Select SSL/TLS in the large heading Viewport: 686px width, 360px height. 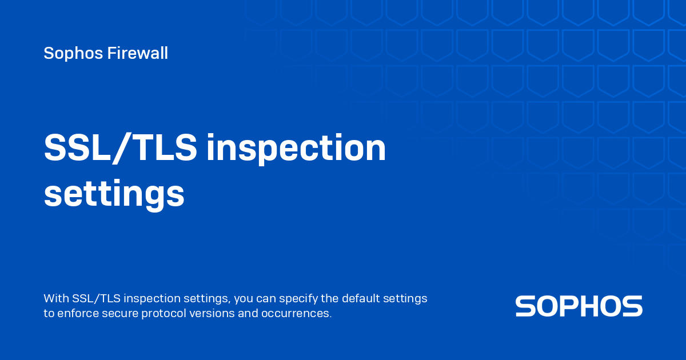click(121, 149)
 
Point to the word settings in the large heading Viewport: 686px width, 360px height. click(114, 195)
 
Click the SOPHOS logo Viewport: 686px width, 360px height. click(579, 306)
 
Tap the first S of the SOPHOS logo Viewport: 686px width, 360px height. click(525, 306)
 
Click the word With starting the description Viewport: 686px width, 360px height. click(57, 299)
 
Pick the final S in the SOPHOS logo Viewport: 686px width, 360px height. click(632, 306)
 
